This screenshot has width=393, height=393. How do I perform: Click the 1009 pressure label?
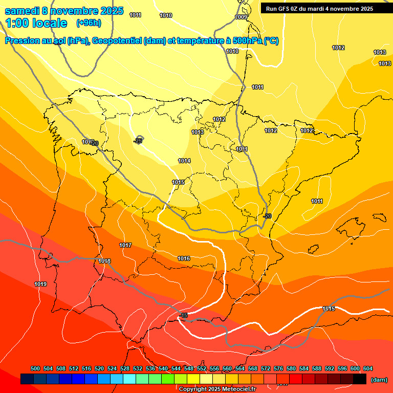[241, 17]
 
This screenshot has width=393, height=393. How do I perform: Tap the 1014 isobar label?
[184, 161]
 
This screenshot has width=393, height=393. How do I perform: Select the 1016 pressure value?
[184, 258]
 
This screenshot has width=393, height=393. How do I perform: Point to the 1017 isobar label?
[125, 245]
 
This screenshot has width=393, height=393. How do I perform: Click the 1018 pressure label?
[104, 261]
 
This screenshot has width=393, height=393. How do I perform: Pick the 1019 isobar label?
[40, 284]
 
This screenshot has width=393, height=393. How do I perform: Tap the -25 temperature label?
[138, 141]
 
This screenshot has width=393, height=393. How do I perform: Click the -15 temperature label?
[184, 316]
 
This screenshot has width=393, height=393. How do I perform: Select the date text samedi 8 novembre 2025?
[64, 11]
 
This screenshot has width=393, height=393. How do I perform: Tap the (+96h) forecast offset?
[89, 23]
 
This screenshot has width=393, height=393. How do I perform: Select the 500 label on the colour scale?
[35, 368]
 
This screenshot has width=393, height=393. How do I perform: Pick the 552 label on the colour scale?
[202, 368]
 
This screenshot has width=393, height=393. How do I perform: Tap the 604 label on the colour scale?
[367, 368]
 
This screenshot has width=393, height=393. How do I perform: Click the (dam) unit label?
[379, 380]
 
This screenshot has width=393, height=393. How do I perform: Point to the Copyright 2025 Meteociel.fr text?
[216, 389]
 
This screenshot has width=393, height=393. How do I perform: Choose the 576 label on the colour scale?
[278, 368]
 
